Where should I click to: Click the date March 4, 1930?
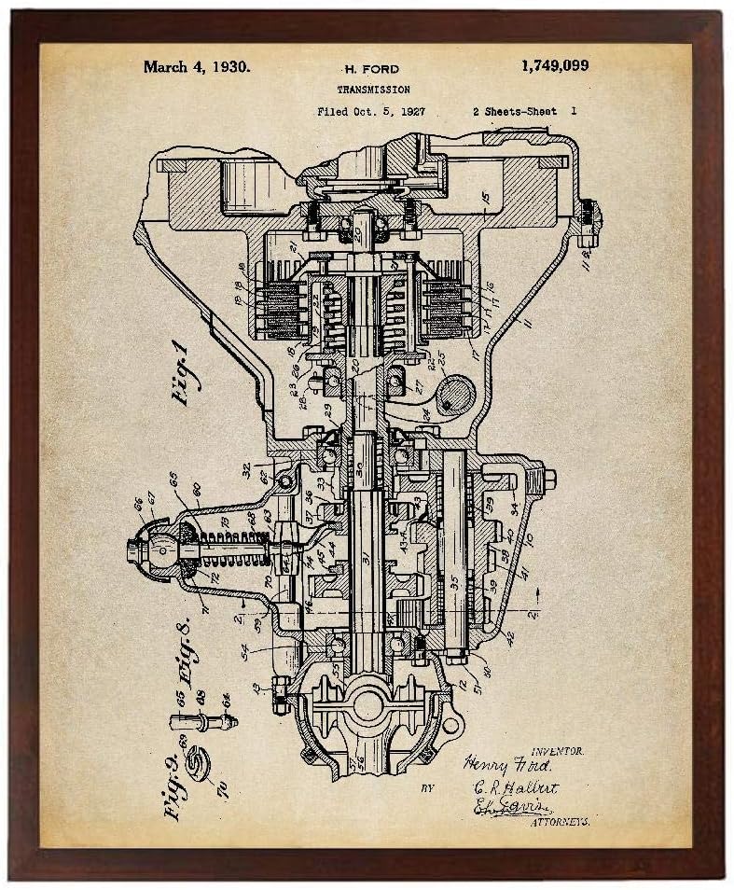coord(196,68)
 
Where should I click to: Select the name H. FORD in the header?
coord(370,70)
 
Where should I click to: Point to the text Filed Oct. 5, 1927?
coord(357,111)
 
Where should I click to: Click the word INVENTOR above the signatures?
coord(557,749)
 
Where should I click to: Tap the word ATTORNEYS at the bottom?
coord(560,823)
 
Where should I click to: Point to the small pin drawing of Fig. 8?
coord(201,720)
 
